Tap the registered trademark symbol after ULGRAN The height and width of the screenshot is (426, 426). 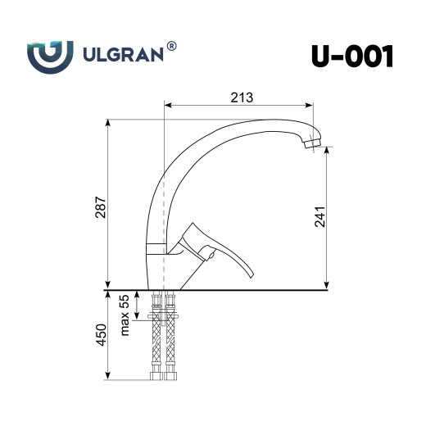pyautogui.click(x=171, y=48)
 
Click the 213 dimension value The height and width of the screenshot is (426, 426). pyautogui.click(x=240, y=97)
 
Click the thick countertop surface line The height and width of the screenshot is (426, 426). pyautogui.click(x=246, y=290)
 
